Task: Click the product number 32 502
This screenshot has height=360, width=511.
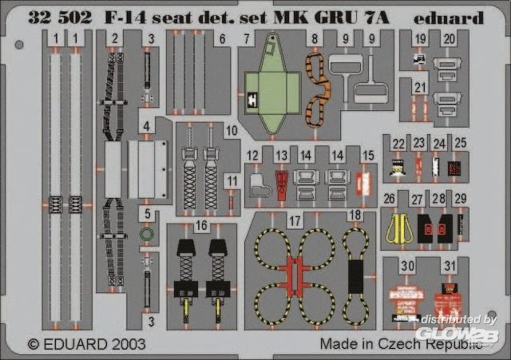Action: [60, 18]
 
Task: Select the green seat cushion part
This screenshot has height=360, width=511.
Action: [272, 92]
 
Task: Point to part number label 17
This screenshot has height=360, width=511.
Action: [294, 222]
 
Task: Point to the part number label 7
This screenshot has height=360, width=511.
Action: [246, 38]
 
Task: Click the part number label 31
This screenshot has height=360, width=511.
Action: [450, 266]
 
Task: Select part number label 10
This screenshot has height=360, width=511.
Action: [232, 131]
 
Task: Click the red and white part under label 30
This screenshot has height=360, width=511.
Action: [406, 296]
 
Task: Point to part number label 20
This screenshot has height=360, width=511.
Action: [450, 39]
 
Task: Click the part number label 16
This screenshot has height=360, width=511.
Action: [202, 226]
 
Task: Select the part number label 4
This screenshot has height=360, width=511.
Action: [147, 126]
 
